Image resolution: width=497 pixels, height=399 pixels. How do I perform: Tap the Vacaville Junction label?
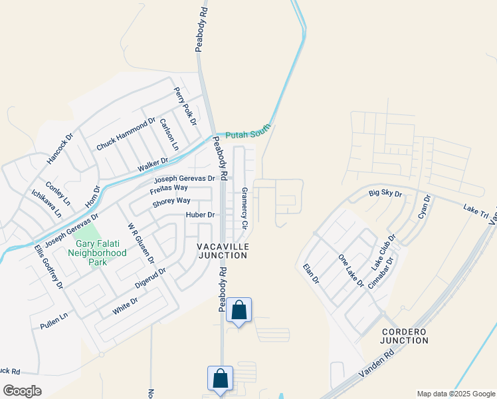click(x=223, y=251)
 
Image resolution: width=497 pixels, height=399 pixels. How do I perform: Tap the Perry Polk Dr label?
click(x=185, y=106)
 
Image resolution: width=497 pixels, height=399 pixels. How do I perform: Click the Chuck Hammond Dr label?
click(x=126, y=134)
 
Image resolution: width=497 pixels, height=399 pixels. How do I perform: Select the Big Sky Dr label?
click(x=386, y=194)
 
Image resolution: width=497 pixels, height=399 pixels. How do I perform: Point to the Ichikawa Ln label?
click(x=47, y=204)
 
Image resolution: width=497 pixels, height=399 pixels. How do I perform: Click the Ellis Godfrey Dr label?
click(x=49, y=267)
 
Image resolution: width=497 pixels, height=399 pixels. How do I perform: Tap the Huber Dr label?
click(x=201, y=215)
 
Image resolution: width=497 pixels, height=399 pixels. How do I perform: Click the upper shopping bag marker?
click(x=239, y=311)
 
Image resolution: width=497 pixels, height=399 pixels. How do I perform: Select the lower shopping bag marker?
click(x=221, y=379)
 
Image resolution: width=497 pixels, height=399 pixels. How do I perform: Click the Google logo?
click(x=22, y=391)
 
